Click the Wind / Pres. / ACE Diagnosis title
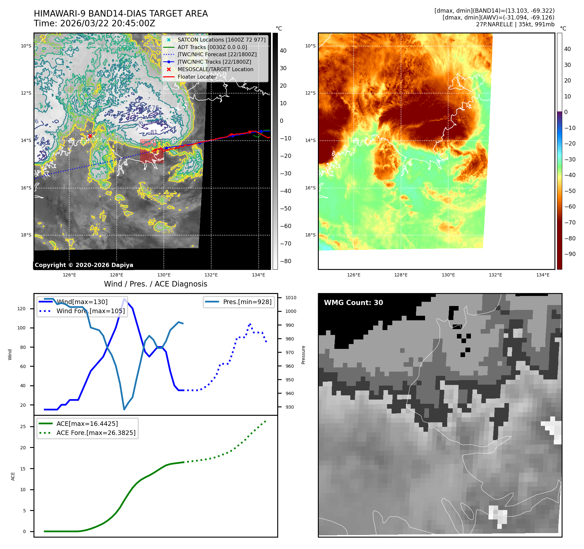click(x=155, y=284)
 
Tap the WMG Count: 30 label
click(x=353, y=303)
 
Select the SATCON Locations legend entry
click(x=221, y=40)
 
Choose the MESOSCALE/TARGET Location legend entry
click(x=215, y=69)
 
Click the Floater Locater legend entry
click(x=197, y=77)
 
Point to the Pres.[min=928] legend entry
click(x=247, y=302)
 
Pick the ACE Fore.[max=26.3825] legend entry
click(x=96, y=433)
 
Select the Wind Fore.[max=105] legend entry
click(x=90, y=311)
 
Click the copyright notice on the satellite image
click(x=84, y=265)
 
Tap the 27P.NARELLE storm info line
click(x=515, y=24)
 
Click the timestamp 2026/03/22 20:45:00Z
click(x=108, y=24)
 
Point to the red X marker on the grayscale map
click(x=90, y=136)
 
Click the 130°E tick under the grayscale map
click(x=164, y=275)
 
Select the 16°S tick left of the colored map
click(x=310, y=188)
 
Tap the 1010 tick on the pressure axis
click(x=291, y=298)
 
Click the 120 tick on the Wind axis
click(x=21, y=309)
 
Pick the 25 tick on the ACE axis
click(x=23, y=427)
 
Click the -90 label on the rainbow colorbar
click(x=570, y=254)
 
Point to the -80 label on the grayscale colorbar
click(x=286, y=261)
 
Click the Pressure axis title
click(x=303, y=355)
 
